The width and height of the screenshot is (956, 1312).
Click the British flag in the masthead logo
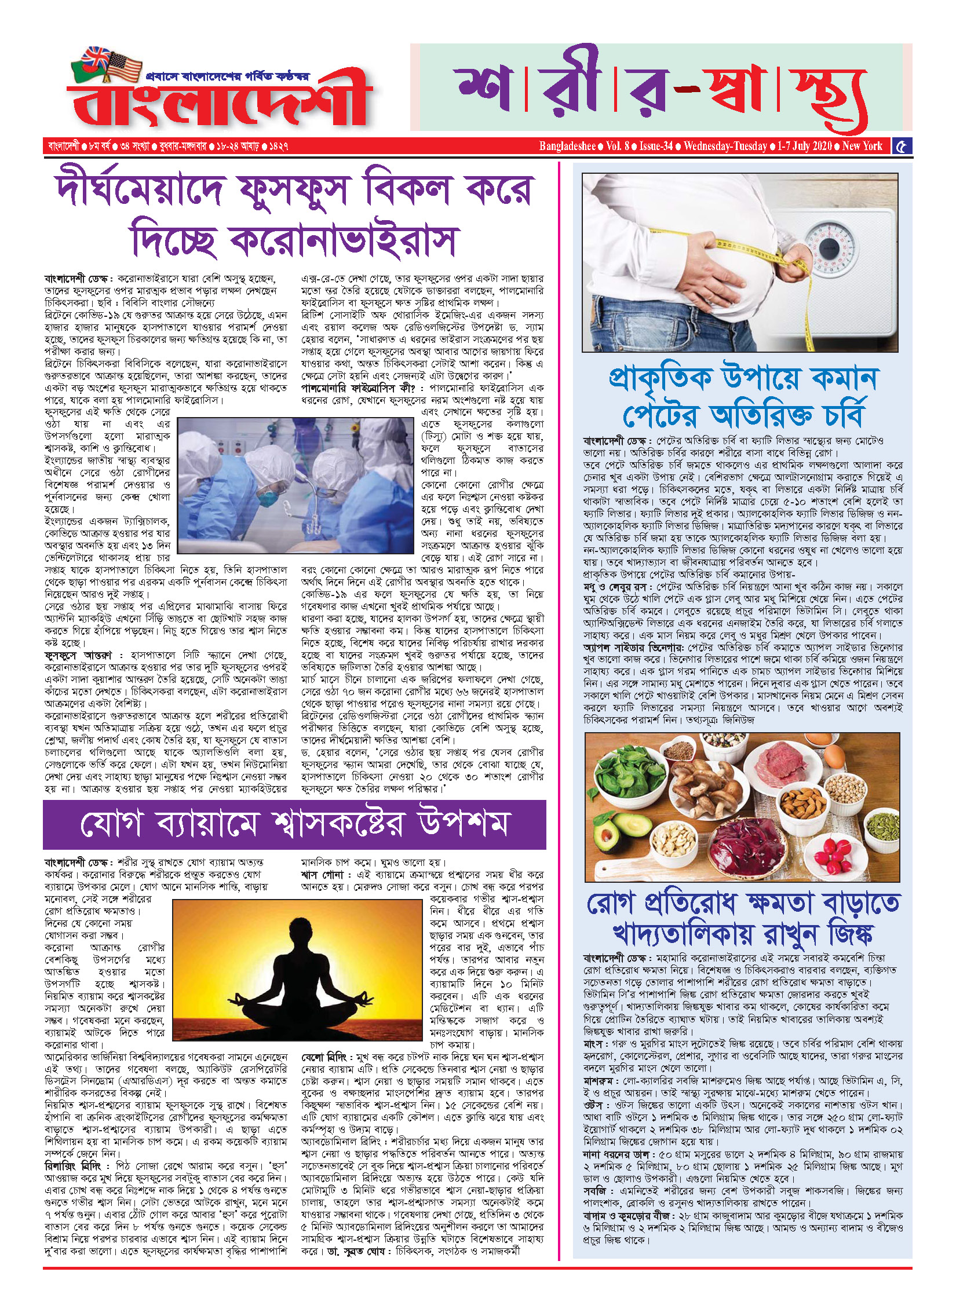95,58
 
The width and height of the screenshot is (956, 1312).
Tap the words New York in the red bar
862,146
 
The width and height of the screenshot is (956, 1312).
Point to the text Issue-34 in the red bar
656,146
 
